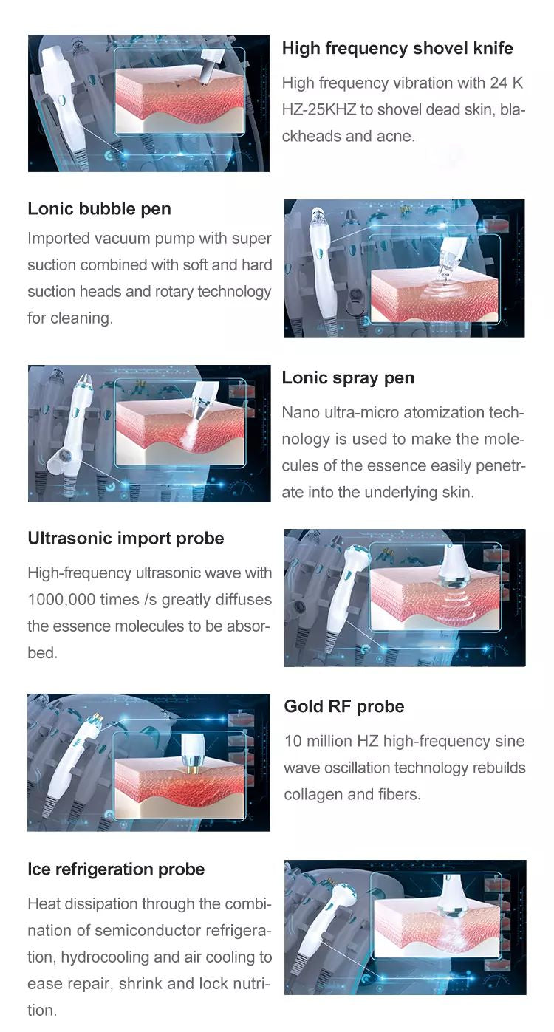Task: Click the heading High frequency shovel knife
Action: tap(397, 49)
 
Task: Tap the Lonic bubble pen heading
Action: tap(99, 209)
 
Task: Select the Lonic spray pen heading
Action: tap(348, 378)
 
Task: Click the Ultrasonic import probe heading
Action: tap(126, 539)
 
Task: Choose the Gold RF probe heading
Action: tap(343, 707)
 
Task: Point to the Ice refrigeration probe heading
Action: tap(116, 869)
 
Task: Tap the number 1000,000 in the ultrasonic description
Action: tap(64, 600)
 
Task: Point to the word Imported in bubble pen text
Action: tap(59, 239)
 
